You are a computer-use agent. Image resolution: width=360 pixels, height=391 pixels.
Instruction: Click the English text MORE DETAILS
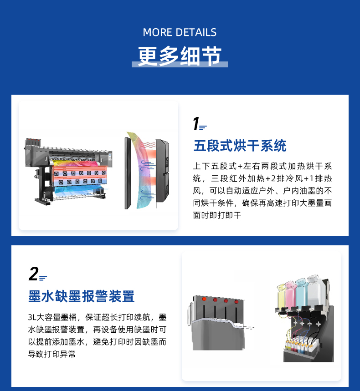[180, 32]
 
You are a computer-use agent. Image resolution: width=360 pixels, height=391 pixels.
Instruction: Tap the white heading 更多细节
[180, 56]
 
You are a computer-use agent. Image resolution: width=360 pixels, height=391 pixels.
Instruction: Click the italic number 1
[196, 124]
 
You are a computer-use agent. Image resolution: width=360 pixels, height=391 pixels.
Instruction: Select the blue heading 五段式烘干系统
[240, 146]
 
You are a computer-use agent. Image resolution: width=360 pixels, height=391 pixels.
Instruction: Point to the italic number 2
[34, 274]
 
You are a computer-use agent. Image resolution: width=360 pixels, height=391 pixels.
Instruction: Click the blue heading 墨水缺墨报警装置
[82, 296]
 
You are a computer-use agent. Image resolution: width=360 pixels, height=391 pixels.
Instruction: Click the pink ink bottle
[291, 294]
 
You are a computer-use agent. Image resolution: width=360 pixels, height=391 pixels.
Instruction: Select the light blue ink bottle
[302, 292]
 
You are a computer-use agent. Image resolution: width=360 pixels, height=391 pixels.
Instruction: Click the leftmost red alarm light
[204, 299]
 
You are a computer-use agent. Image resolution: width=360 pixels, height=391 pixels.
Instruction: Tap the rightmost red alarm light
[237, 302]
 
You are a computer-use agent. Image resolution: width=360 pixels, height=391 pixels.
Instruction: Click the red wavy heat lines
[148, 145]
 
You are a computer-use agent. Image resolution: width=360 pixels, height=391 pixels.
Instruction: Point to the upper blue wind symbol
[148, 165]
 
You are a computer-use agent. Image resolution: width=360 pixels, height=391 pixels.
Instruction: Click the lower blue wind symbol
[147, 195]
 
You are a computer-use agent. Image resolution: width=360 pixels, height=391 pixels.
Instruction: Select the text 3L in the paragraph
[32, 317]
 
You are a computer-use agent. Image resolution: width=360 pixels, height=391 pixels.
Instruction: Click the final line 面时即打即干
[217, 215]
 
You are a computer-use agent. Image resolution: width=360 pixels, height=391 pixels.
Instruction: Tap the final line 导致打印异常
[51, 354]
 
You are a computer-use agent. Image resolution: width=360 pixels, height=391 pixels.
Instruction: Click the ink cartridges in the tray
[302, 345]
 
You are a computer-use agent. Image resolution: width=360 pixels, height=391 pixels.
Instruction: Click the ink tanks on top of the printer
[33, 142]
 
